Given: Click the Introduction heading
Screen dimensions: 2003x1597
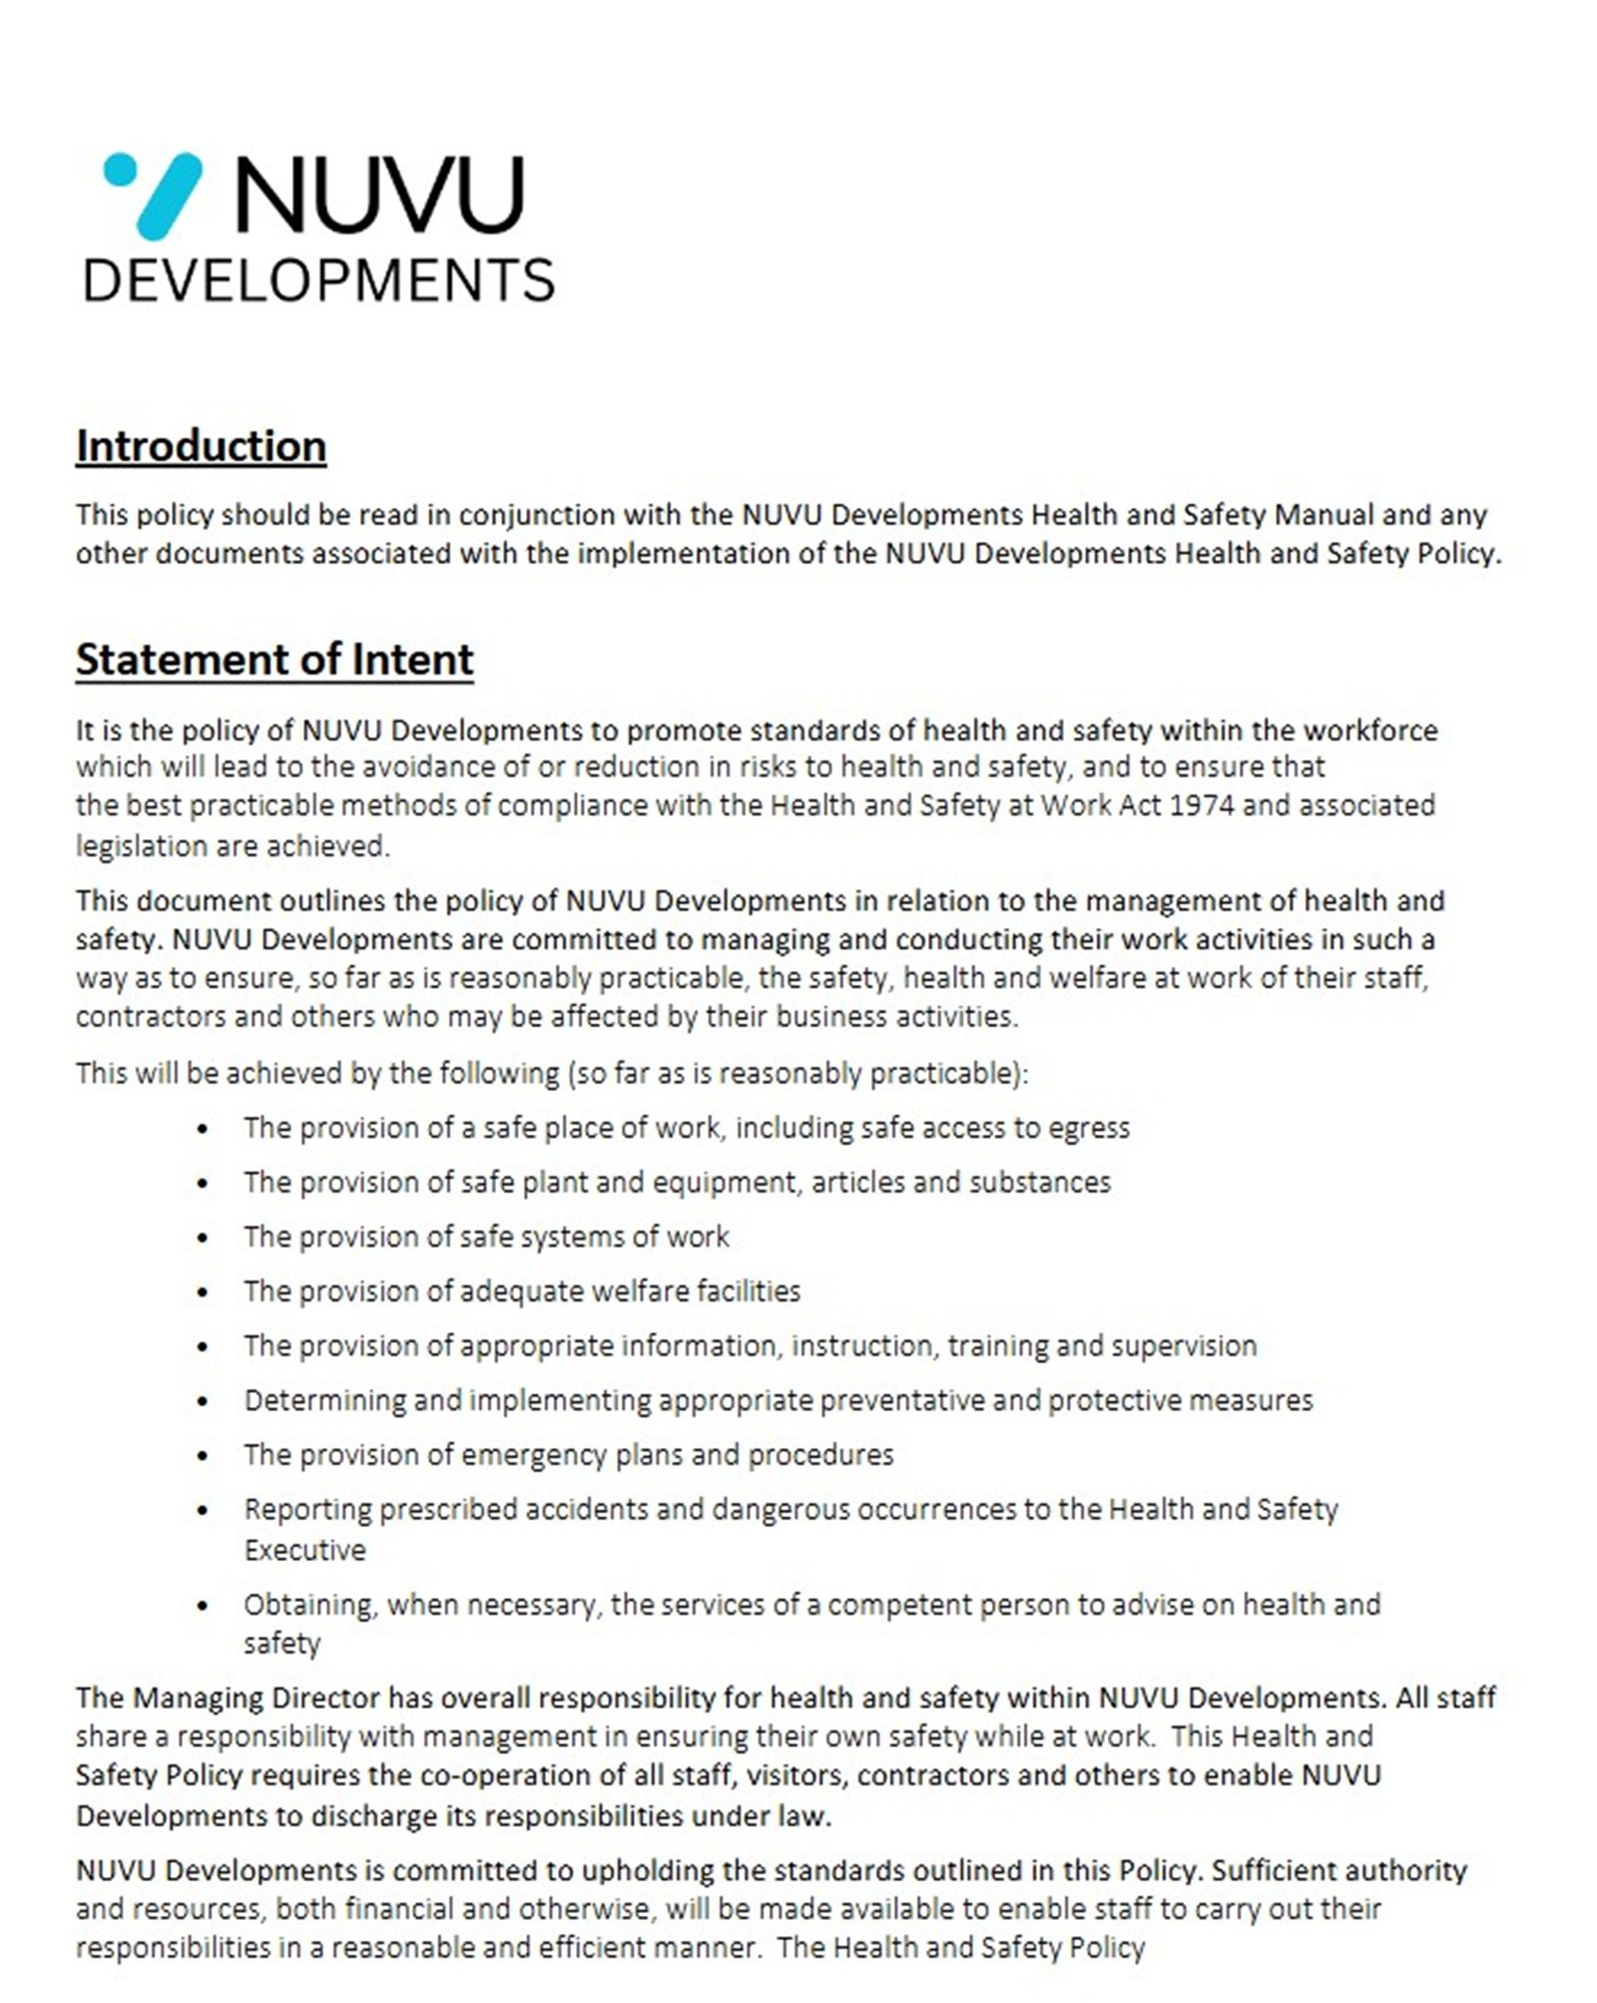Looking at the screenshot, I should [201, 446].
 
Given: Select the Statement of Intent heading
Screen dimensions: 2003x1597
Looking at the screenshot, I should [274, 660].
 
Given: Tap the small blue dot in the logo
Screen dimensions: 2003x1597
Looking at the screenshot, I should [120, 168].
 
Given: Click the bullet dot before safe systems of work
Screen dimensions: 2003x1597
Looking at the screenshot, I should [204, 1239].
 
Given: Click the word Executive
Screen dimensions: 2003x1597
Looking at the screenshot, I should [304, 1550].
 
